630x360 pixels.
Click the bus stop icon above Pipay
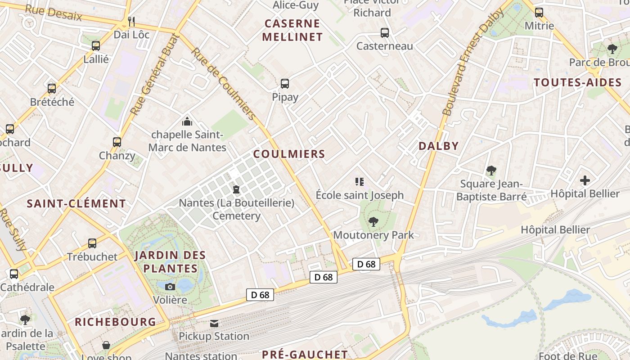[285, 83]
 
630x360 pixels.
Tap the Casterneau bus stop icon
[385, 32]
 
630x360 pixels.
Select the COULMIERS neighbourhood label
[289, 154]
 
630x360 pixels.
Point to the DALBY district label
[438, 146]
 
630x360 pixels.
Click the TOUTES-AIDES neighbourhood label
[577, 82]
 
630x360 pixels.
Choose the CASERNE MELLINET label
[292, 30]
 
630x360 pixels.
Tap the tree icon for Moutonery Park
[373, 221]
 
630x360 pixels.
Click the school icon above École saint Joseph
[359, 182]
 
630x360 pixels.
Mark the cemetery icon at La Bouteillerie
[236, 189]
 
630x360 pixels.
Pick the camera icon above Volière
[170, 287]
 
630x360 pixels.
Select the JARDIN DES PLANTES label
[170, 262]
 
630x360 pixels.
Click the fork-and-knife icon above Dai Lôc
[131, 21]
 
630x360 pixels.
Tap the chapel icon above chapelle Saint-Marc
[187, 121]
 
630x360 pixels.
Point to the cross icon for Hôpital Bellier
[585, 180]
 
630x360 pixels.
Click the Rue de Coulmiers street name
[223, 84]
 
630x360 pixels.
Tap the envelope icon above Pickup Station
[214, 323]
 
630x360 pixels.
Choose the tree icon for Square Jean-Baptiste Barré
[491, 171]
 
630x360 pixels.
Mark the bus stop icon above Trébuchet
[92, 243]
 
